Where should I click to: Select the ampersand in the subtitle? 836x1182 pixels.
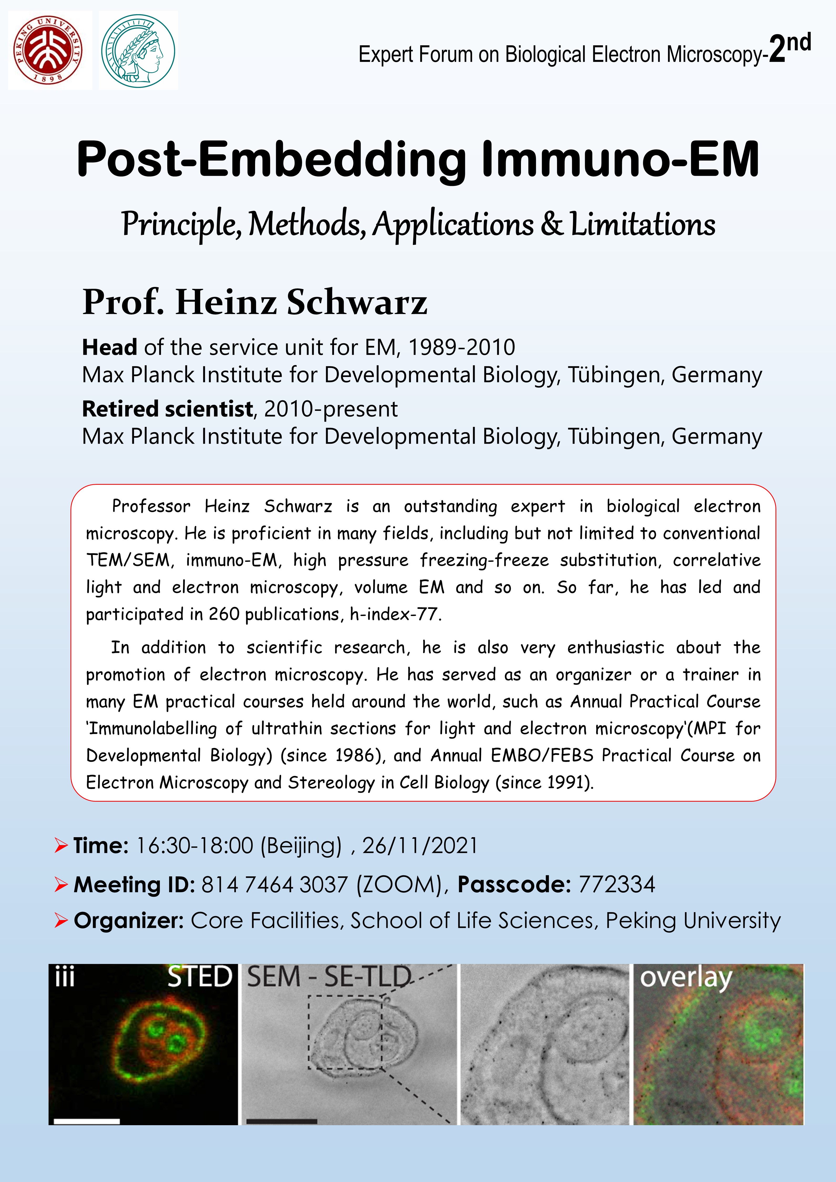click(552, 224)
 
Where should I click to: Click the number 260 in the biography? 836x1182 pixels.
click(224, 614)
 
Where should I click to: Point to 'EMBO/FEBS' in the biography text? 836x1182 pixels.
click(542, 755)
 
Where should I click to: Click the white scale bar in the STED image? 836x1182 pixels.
click(87, 1121)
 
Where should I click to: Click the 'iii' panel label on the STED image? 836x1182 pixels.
click(65, 977)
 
